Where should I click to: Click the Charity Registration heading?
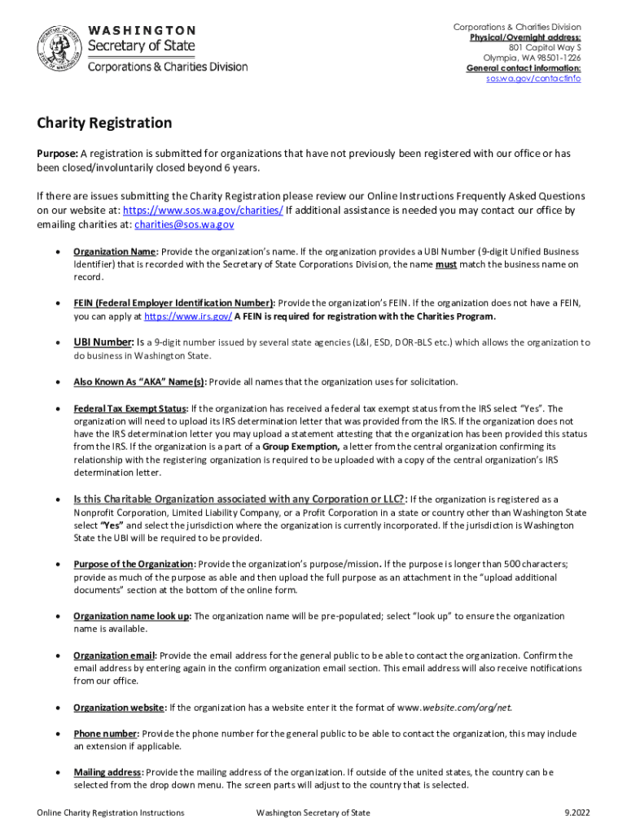click(104, 124)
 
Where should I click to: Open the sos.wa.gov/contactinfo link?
click(533, 79)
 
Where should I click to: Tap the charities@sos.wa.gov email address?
click(184, 225)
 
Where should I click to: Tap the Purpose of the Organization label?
click(134, 564)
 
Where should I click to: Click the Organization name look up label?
click(131, 616)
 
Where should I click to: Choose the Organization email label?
click(113, 655)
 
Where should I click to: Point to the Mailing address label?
click(107, 772)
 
